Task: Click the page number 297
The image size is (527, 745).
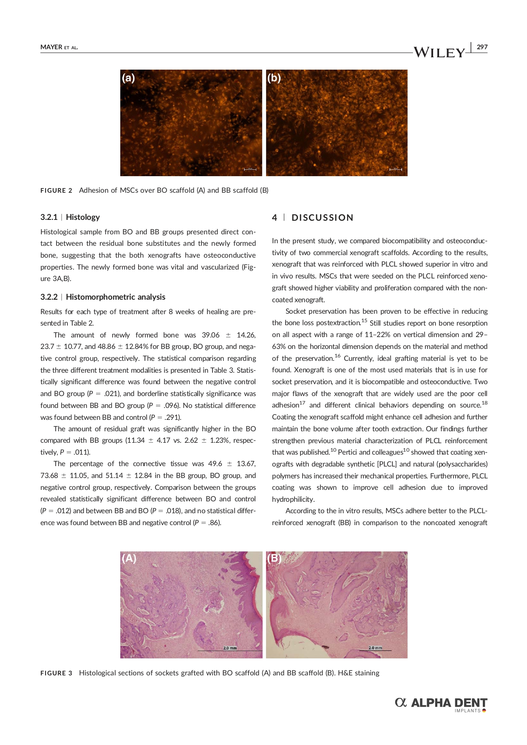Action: pos(482,47)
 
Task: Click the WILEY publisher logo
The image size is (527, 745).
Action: pos(439,52)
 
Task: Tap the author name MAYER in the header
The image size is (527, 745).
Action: pos(51,47)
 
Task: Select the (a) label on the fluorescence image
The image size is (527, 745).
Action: pos(128,78)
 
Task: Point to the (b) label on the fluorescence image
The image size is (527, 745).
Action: pos(274,78)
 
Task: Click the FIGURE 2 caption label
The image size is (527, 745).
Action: pos(56,191)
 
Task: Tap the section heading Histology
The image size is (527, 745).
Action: pos(83,217)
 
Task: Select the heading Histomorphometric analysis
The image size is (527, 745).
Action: pos(116,297)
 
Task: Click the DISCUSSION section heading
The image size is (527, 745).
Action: pos(322,218)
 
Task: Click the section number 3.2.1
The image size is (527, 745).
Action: pos(49,217)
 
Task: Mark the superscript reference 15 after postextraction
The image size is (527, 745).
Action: pos(364,320)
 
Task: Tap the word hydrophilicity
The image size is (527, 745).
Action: pos(293,499)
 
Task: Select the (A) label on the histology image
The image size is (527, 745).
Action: pos(129,558)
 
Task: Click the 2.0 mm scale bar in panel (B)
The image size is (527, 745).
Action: pos(375,648)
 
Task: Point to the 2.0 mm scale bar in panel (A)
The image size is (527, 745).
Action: pos(230,649)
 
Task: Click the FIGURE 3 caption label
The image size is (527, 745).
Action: pos(56,673)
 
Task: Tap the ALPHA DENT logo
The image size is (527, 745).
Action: pos(441,703)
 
